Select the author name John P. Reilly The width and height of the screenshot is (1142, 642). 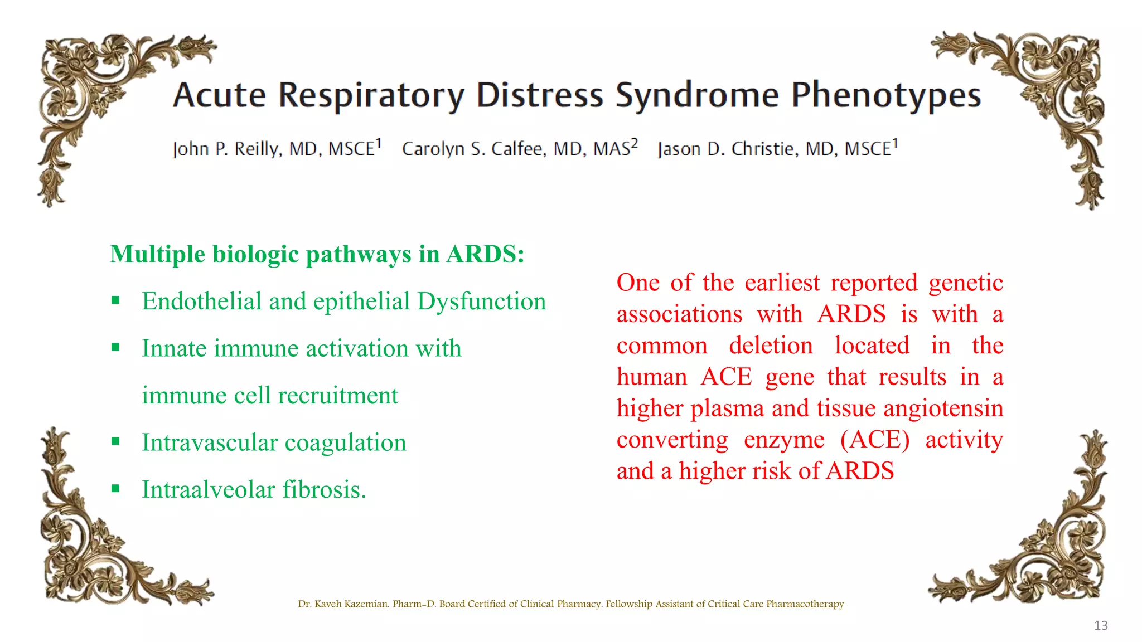tap(226, 149)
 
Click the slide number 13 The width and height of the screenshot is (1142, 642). tap(1101, 625)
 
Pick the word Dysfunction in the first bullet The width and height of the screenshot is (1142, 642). tap(481, 301)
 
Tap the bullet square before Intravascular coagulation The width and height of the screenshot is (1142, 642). tap(116, 442)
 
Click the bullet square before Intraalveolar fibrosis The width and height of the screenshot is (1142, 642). tap(116, 489)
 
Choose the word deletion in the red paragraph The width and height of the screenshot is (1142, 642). tap(771, 346)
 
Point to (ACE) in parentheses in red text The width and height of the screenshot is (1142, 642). tap(875, 440)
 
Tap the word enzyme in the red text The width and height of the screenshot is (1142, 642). tap(784, 440)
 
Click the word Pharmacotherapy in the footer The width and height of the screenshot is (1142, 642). tap(805, 604)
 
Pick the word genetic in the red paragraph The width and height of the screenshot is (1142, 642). tap(965, 283)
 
